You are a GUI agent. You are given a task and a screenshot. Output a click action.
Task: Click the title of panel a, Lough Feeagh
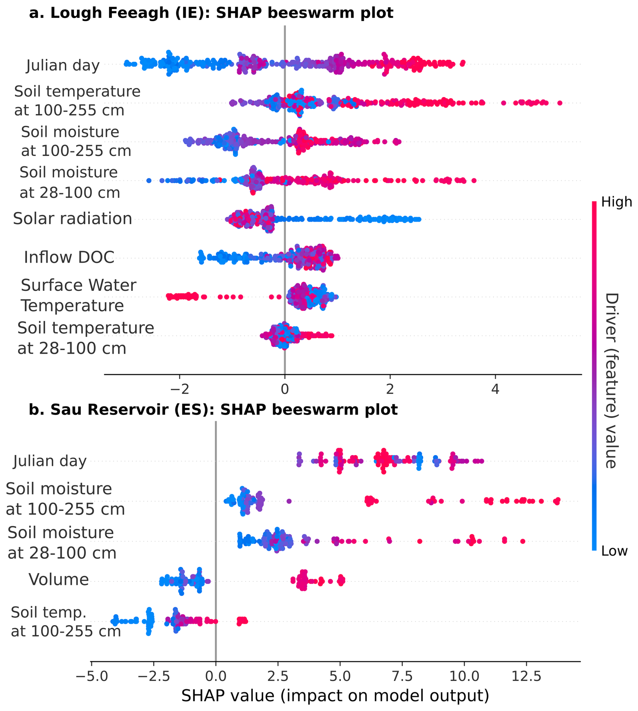pos(211,13)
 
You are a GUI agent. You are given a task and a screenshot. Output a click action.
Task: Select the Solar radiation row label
pos(72,219)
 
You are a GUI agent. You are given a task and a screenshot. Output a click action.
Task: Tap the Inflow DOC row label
pos(69,257)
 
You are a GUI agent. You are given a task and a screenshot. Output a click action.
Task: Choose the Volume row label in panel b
pos(59,579)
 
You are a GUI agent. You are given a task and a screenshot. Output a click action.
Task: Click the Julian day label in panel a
pos(63,65)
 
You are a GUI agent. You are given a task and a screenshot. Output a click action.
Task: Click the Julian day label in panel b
pos(50,461)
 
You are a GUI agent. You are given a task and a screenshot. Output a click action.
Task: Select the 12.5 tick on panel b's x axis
pos(526,677)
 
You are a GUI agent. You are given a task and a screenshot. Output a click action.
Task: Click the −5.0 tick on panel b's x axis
pos(92,677)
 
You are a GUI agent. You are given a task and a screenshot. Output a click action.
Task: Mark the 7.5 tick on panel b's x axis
pos(402,677)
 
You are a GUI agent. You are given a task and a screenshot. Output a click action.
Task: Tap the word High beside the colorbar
pos(616,202)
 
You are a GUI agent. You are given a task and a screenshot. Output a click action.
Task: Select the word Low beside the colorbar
pos(614,551)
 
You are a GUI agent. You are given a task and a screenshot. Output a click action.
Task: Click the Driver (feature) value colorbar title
pos(611,380)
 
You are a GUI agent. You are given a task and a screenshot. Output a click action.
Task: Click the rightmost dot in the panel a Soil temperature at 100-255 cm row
pos(559,103)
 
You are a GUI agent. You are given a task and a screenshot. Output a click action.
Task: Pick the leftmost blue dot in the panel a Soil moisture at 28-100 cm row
pos(149,181)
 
